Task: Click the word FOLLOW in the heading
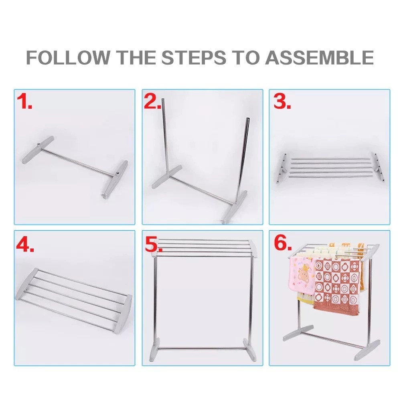[68, 57]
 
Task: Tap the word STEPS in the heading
[194, 57]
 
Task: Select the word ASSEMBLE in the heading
[319, 57]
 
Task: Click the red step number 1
[24, 101]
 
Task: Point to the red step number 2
[152, 101]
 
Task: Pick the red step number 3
[282, 101]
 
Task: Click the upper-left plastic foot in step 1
[38, 150]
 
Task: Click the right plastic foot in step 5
[249, 350]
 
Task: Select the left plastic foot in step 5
[154, 349]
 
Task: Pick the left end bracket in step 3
[282, 168]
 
